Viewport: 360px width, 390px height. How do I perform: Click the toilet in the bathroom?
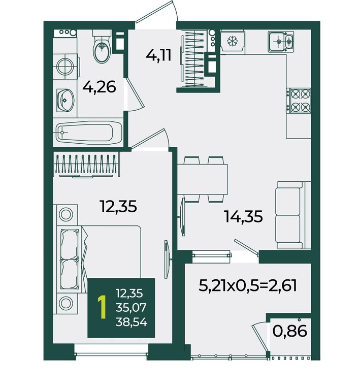click(102, 47)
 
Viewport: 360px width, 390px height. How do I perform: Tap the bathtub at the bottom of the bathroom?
click(89, 132)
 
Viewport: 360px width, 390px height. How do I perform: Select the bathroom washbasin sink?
click(65, 101)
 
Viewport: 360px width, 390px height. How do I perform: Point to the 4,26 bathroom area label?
click(99, 87)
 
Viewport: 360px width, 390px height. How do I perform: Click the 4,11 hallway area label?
click(159, 55)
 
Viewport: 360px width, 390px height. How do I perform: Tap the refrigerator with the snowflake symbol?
click(233, 41)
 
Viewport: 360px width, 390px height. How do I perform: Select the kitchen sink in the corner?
click(281, 42)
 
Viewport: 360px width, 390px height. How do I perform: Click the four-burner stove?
click(299, 101)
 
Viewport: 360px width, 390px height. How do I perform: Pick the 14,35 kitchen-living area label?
click(243, 216)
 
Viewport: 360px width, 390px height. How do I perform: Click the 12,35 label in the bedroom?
click(118, 206)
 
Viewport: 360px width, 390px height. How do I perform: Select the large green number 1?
click(102, 307)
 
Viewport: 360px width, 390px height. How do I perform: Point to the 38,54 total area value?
click(132, 322)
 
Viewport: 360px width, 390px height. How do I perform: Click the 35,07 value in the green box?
click(131, 308)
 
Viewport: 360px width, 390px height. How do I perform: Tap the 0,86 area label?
click(290, 331)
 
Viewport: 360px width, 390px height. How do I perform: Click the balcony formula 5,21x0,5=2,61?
click(248, 286)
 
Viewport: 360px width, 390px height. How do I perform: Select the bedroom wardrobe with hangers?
click(87, 165)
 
